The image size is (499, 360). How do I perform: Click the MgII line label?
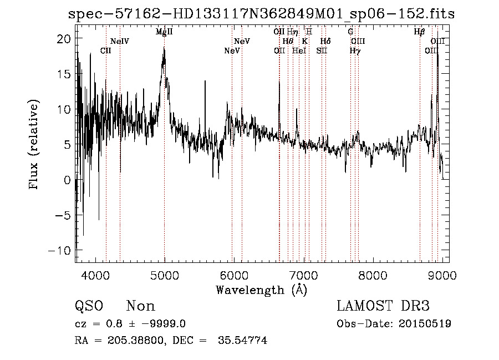(164, 32)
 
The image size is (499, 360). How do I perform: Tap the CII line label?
(106, 50)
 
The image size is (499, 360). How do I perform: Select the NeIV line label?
(120, 42)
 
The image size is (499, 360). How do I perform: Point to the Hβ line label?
(420, 32)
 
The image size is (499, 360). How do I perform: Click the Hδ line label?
(326, 42)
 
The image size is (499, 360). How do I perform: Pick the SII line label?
(322, 50)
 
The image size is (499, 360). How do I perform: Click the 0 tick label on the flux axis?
(67, 180)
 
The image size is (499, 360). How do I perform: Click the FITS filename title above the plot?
(261, 14)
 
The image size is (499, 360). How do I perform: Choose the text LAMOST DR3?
(383, 306)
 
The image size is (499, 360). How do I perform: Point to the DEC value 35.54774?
(244, 341)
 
